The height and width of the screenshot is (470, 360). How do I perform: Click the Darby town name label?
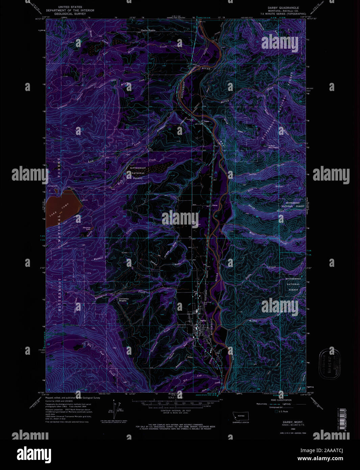pos(203,320)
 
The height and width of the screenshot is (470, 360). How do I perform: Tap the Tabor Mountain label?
pos(273,147)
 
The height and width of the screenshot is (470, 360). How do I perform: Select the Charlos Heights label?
pos(148,30)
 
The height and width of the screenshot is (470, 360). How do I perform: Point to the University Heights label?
pos(124,300)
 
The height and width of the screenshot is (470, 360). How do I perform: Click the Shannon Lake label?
pos(87,228)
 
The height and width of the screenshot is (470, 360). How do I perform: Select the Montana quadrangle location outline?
pos(240,416)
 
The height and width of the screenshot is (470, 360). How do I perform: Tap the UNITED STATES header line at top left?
pos(70,7)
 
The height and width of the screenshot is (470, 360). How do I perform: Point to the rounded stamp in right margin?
pos(330,363)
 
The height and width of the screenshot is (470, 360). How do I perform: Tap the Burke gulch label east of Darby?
pos(253,321)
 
